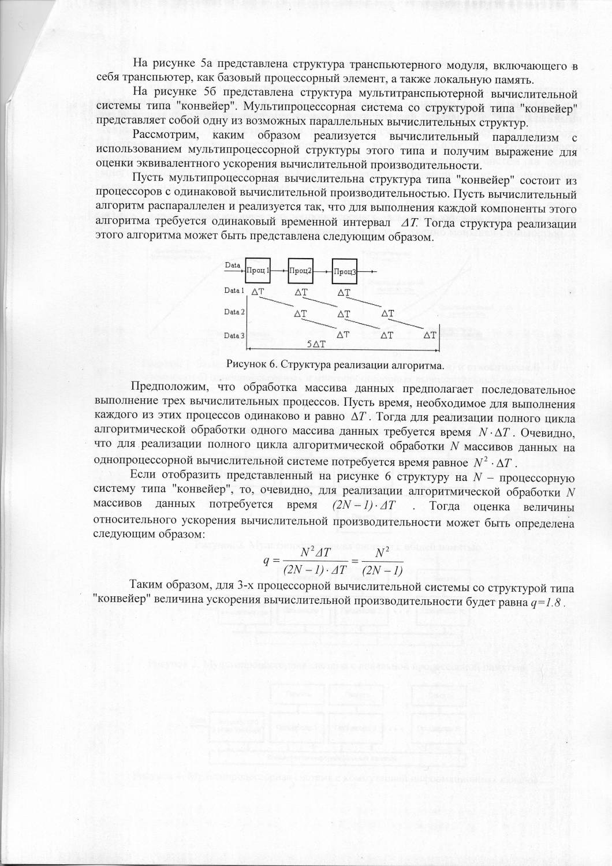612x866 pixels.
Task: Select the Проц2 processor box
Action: pos(301,270)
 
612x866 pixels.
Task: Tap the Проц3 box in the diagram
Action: pos(345,271)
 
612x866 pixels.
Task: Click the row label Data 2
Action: pos(235,312)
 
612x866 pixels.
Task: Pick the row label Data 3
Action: pos(235,335)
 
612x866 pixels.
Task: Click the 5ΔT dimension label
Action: pos(316,344)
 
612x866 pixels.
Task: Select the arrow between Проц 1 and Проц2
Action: pos(279,270)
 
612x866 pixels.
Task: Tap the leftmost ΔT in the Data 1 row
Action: pos(258,292)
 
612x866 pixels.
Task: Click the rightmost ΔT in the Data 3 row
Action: pos(430,335)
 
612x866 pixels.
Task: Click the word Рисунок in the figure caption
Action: pos(245,365)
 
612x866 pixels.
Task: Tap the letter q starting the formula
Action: pos(267,561)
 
